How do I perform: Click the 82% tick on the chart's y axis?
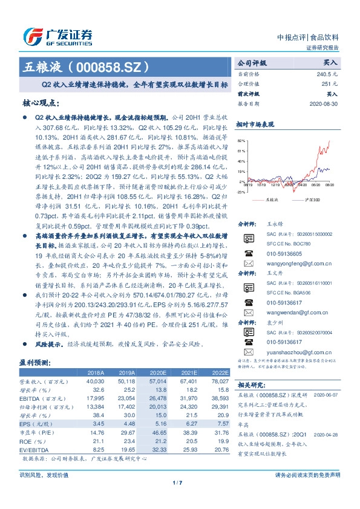click(x=241, y=140)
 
